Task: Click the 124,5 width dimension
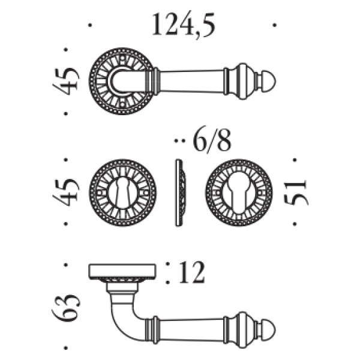(x=184, y=25)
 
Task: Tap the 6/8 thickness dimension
(x=212, y=142)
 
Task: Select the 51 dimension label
(x=295, y=193)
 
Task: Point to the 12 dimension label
(x=191, y=273)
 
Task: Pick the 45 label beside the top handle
(x=67, y=81)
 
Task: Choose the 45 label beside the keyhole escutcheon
(x=67, y=193)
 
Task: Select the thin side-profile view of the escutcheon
(x=180, y=193)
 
